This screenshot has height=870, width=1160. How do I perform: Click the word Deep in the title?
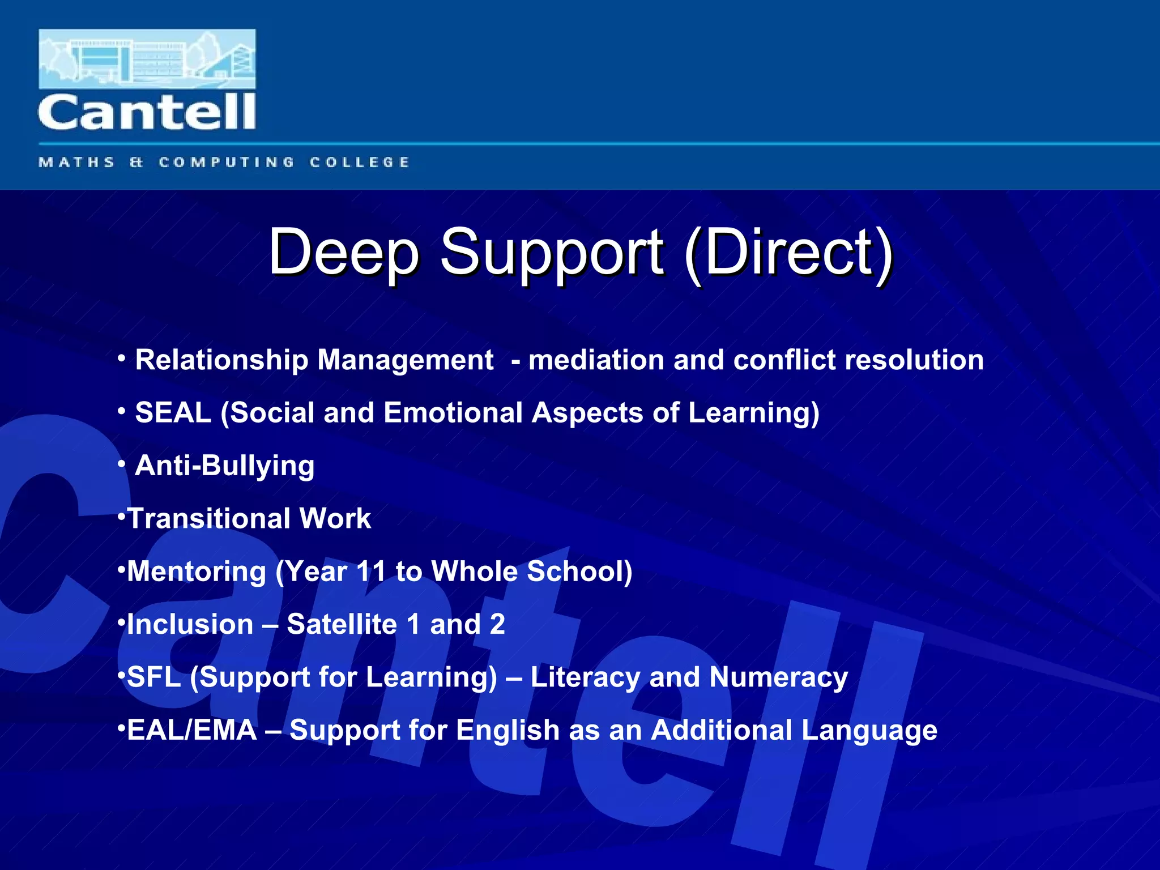click(343, 251)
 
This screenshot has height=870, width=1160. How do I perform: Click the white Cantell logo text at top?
click(147, 112)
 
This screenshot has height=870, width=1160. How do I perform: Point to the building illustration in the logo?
click(147, 59)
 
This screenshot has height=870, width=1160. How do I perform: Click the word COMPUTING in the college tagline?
click(227, 163)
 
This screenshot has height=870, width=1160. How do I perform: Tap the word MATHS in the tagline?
click(77, 163)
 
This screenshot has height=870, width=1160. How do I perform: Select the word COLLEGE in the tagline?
click(359, 163)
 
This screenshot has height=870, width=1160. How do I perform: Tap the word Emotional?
click(453, 412)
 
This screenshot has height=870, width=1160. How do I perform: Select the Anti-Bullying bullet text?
click(224, 466)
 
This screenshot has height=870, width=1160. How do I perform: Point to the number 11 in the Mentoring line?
click(370, 571)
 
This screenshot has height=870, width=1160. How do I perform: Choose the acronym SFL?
click(153, 677)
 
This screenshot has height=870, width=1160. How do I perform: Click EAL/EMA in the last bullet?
click(191, 730)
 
